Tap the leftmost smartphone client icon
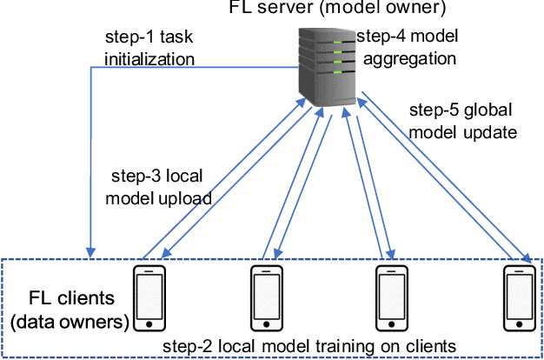click(x=149, y=297)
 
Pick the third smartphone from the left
click(x=388, y=297)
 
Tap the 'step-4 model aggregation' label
click(x=407, y=49)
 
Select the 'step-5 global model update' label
click(x=464, y=123)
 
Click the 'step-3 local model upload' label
click(x=157, y=186)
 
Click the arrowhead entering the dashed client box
click(x=89, y=253)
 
